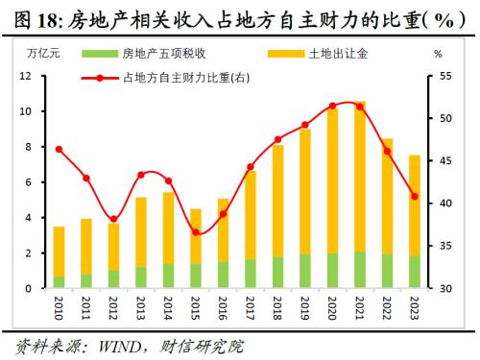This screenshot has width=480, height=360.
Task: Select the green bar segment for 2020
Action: pyautogui.click(x=333, y=271)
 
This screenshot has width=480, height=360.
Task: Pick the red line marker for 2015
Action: pyautogui.click(x=196, y=232)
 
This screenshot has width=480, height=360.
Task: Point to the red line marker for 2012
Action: pyautogui.click(x=113, y=219)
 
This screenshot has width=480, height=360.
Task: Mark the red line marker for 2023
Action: pyautogui.click(x=415, y=196)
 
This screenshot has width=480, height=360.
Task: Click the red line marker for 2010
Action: pyautogui.click(x=59, y=149)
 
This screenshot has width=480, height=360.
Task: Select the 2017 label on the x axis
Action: pyautogui.click(x=251, y=309)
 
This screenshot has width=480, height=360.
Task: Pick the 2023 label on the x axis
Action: pyautogui.click(x=415, y=309)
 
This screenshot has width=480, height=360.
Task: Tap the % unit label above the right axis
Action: pyautogui.click(x=438, y=55)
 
